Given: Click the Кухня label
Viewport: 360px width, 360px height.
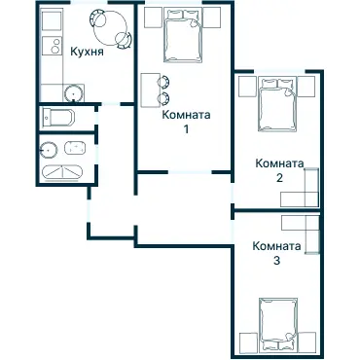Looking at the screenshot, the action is tap(88, 52).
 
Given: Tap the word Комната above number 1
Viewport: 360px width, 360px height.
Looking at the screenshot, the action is tap(186, 115).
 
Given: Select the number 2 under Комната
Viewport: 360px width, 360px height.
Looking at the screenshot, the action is tap(279, 178).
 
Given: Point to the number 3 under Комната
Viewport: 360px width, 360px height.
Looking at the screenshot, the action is tap(276, 261).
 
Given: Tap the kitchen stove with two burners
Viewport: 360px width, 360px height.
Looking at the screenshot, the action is tap(52, 46).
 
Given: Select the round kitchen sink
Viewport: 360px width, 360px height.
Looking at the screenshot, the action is tap(74, 93).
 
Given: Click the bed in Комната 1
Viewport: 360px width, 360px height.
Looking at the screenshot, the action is tap(183, 35).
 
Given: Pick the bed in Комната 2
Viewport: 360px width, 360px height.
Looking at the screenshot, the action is tap(277, 104).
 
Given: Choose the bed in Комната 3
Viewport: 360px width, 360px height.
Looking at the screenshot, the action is tap(278, 324).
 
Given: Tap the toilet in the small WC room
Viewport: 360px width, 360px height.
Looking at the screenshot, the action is tap(58, 118).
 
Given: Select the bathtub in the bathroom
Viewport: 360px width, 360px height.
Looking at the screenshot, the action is tap(62, 171).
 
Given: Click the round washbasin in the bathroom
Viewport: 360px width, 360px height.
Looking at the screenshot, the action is tap(48, 151).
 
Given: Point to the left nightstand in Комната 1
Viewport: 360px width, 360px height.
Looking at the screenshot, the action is tap(153, 18).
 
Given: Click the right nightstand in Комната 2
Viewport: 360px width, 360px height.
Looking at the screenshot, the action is tap(306, 87).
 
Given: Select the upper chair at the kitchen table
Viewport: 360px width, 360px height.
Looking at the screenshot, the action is tap(97, 18).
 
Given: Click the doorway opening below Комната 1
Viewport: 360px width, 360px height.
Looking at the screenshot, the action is tap(190, 172).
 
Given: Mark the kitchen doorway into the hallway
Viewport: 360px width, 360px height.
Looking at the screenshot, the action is tap(110, 104).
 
